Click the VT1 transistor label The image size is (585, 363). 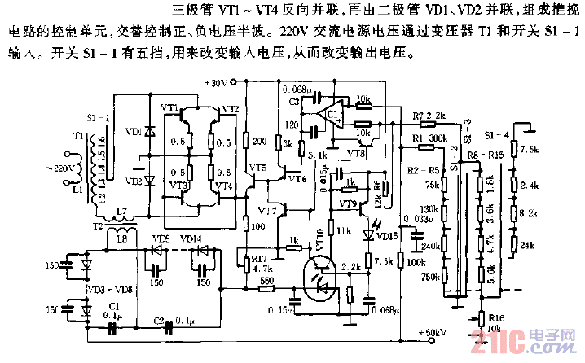169,108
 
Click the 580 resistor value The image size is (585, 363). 265,282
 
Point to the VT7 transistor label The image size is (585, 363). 268,211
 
